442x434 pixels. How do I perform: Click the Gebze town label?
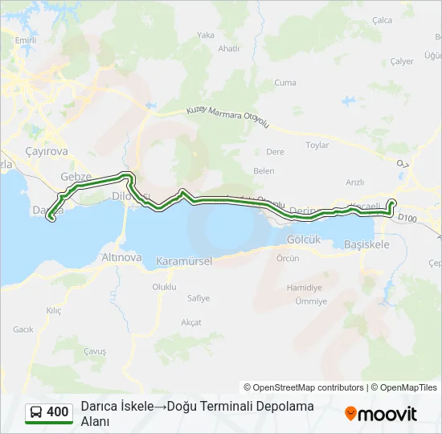pyautogui.click(x=77, y=177)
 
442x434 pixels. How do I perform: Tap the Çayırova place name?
pyautogui.click(x=47, y=151)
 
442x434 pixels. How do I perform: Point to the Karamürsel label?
pyautogui.click(x=183, y=261)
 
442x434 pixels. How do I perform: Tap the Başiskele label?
pyautogui.click(x=366, y=244)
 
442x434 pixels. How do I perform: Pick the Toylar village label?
pyautogui.click(x=317, y=145)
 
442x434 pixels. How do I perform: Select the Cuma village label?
pyautogui.click(x=285, y=83)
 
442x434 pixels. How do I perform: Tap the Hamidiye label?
pyautogui.click(x=304, y=287)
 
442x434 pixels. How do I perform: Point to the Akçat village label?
pyautogui.click(x=191, y=321)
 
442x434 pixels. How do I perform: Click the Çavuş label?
pyautogui.click(x=96, y=351)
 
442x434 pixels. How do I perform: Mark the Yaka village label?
pyautogui.click(x=207, y=35)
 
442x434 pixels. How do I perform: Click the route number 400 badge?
pyautogui.click(x=57, y=412)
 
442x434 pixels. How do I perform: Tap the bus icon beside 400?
pyautogui.click(x=36, y=412)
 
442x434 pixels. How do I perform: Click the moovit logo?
pyautogui.click(x=381, y=413)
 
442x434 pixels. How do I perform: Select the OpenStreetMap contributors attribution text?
pyautogui.click(x=304, y=387)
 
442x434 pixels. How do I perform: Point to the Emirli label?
pyautogui.click(x=27, y=39)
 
